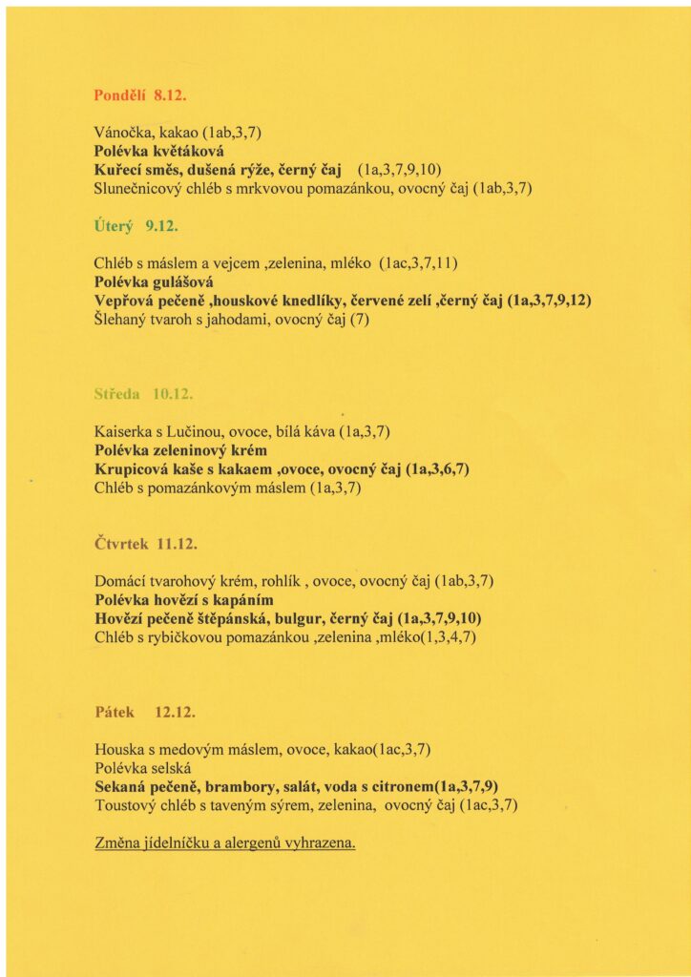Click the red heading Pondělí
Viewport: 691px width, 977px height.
[116, 95]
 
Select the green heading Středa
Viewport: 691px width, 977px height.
[117, 393]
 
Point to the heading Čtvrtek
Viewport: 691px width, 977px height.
[122, 544]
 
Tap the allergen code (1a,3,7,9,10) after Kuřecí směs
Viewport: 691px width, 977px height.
[399, 170]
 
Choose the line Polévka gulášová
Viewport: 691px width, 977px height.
[154, 282]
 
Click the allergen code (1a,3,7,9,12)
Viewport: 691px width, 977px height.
[549, 301]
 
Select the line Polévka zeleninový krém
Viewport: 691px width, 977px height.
[180, 449]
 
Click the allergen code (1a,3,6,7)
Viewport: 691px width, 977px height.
[438, 468]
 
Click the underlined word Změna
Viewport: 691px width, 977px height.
[117, 843]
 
